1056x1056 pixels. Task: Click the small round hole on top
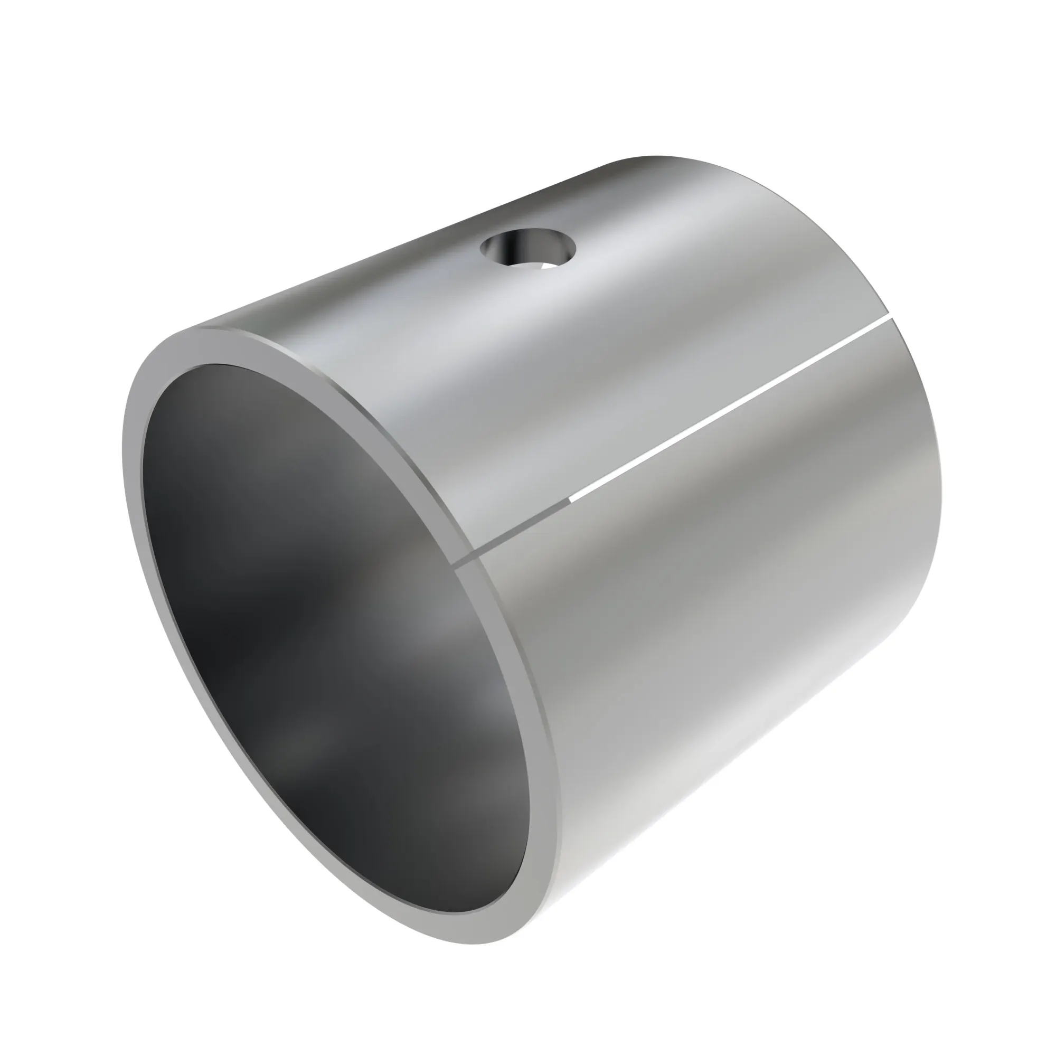pyautogui.click(x=528, y=249)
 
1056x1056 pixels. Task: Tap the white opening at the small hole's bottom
pyautogui.click(x=549, y=266)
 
